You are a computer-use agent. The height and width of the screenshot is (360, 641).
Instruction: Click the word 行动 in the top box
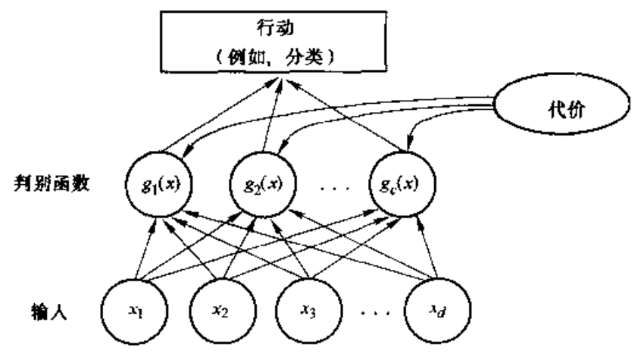275,28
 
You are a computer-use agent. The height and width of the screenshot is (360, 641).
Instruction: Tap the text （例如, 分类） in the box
274,57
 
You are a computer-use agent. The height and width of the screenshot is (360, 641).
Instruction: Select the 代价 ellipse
561,104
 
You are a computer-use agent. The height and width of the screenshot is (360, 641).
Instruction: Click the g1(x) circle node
159,184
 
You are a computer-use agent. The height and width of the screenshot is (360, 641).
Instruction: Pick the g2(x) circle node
263,184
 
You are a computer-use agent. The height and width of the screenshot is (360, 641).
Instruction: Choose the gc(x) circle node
402,184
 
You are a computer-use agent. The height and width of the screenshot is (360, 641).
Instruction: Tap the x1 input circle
135,311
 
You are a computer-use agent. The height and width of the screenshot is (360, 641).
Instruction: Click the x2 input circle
223,311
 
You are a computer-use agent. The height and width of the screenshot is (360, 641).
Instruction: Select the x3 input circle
308,311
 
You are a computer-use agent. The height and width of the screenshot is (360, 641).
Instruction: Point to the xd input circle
438,311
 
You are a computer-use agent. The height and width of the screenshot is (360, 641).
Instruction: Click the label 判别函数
52,183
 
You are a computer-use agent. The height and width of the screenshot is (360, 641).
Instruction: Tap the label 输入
49,312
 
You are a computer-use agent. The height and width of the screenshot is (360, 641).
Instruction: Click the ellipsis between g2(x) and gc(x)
335,189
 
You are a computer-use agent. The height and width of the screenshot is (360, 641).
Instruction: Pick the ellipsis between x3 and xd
375,313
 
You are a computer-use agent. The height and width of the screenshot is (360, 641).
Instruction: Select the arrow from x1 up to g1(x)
146,249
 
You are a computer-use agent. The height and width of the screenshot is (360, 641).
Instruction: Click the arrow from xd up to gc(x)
427,248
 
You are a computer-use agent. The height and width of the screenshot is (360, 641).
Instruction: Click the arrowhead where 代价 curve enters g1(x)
186,152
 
